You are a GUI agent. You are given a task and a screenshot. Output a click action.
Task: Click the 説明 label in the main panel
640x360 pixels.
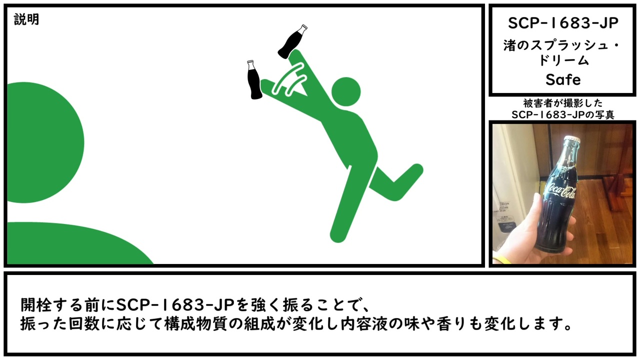[26, 19]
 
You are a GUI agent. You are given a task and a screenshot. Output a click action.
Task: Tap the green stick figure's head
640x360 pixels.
[345, 91]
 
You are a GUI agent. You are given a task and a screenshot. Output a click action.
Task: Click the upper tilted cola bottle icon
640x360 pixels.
[292, 41]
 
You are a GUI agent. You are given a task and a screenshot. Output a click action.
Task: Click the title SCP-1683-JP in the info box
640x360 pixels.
[563, 23]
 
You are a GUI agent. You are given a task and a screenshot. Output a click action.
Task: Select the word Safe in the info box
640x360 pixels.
[563, 79]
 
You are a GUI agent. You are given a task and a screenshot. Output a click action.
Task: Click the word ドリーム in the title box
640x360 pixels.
[563, 60]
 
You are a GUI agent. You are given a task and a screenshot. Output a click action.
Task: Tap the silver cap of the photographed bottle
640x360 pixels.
[572, 139]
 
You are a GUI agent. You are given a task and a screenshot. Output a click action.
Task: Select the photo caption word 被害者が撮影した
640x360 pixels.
[563, 103]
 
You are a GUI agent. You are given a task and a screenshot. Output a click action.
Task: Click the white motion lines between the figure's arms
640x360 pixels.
[289, 79]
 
